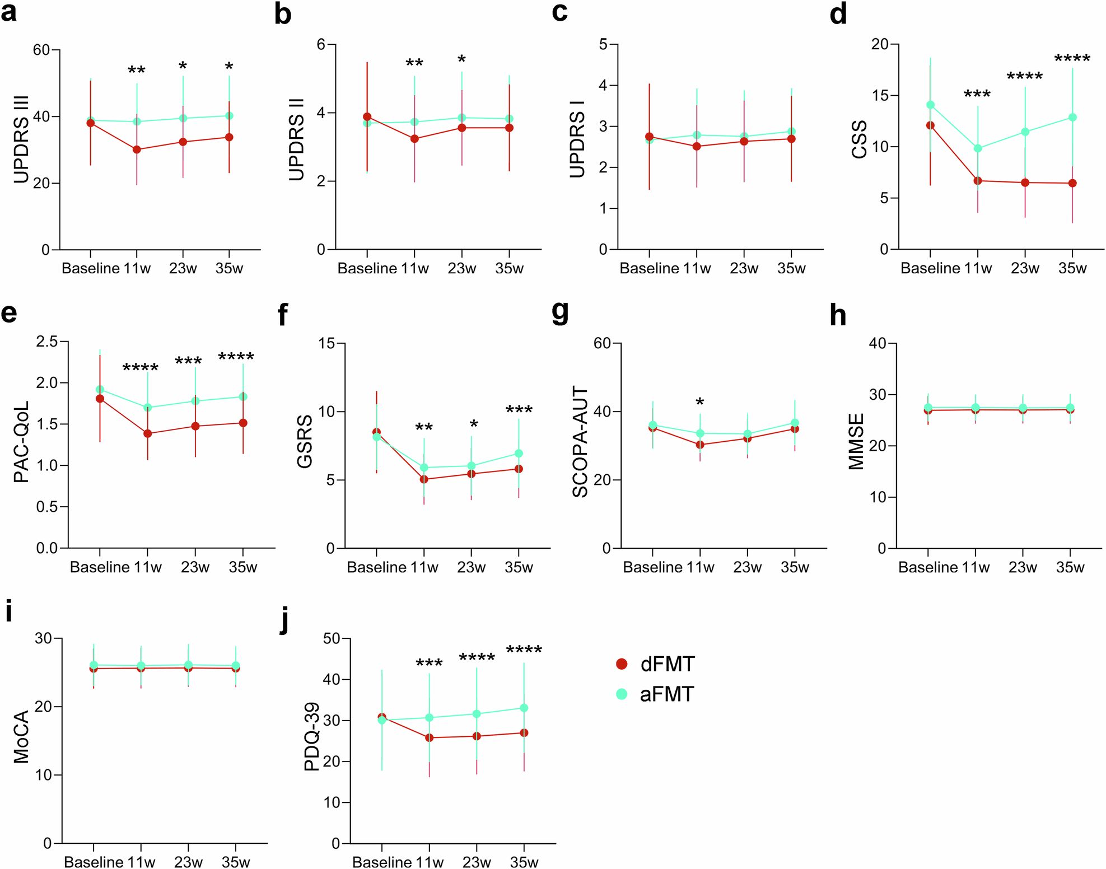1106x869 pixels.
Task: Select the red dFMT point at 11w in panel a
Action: click(x=137, y=149)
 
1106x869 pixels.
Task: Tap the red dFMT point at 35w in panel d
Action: click(x=1072, y=183)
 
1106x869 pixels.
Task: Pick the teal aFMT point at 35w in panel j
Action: click(x=524, y=708)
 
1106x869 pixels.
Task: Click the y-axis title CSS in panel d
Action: click(x=858, y=139)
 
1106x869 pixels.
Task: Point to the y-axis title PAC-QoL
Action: click(x=21, y=442)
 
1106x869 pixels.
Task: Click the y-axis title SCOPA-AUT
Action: click(x=580, y=442)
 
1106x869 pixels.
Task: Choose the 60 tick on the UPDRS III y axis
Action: click(x=41, y=50)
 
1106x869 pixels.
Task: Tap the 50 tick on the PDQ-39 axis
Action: click(x=332, y=638)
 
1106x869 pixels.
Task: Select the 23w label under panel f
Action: click(x=471, y=567)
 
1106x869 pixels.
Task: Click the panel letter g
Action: click(x=560, y=313)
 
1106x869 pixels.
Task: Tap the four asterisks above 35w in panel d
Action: click(x=1072, y=59)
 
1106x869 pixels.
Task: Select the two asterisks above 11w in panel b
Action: click(x=414, y=64)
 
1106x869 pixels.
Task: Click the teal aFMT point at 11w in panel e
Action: click(x=147, y=408)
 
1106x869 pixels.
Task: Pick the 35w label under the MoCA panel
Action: click(x=235, y=862)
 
